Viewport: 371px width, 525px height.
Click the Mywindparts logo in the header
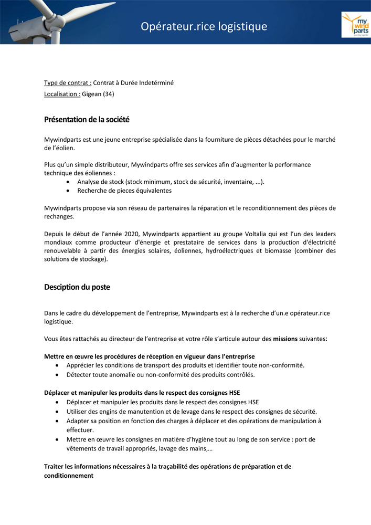point(355,24)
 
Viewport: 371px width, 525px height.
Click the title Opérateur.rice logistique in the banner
point(204,26)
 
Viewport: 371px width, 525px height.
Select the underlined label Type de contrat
point(68,83)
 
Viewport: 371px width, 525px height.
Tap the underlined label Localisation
point(62,94)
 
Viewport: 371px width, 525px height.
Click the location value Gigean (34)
point(98,94)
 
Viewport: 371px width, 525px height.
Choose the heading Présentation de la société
point(87,120)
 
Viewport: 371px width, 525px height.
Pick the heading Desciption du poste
point(77,287)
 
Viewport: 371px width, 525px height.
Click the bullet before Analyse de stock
point(69,182)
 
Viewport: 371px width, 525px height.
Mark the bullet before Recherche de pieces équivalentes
point(69,191)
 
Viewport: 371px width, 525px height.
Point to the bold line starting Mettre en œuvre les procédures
point(149,356)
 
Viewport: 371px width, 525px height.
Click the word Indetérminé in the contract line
point(156,83)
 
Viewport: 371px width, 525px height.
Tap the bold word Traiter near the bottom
point(55,466)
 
